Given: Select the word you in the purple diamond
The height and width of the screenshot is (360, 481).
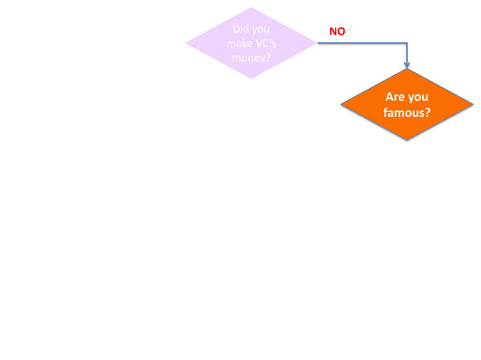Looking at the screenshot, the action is [261, 29].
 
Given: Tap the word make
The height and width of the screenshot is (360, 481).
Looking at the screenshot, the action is [239, 44].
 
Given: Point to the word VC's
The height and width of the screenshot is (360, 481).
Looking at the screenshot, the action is [265, 44].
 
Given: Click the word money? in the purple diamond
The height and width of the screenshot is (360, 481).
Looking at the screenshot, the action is [251, 58].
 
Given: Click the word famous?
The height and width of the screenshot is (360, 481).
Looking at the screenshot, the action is [406, 113].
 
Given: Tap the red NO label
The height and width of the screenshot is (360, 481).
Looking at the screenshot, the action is [337, 32].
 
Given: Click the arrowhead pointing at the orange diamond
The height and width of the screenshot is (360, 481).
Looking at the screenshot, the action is [407, 65].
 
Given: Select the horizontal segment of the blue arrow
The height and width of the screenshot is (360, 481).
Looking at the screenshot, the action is [362, 43].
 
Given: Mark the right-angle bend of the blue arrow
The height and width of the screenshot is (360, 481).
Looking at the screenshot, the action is [407, 43].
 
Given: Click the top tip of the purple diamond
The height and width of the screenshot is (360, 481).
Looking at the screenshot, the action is [251, 8].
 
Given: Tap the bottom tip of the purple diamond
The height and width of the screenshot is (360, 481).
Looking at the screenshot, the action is [251, 78].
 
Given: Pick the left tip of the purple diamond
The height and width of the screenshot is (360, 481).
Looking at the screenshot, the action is [187, 43].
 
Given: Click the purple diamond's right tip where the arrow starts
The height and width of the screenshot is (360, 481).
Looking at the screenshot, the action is [317, 43].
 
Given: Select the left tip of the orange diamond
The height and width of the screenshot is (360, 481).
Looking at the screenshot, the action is [342, 105].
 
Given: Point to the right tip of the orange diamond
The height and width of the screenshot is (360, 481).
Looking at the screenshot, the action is [473, 105].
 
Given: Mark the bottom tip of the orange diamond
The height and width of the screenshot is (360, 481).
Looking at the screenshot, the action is [407, 140].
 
